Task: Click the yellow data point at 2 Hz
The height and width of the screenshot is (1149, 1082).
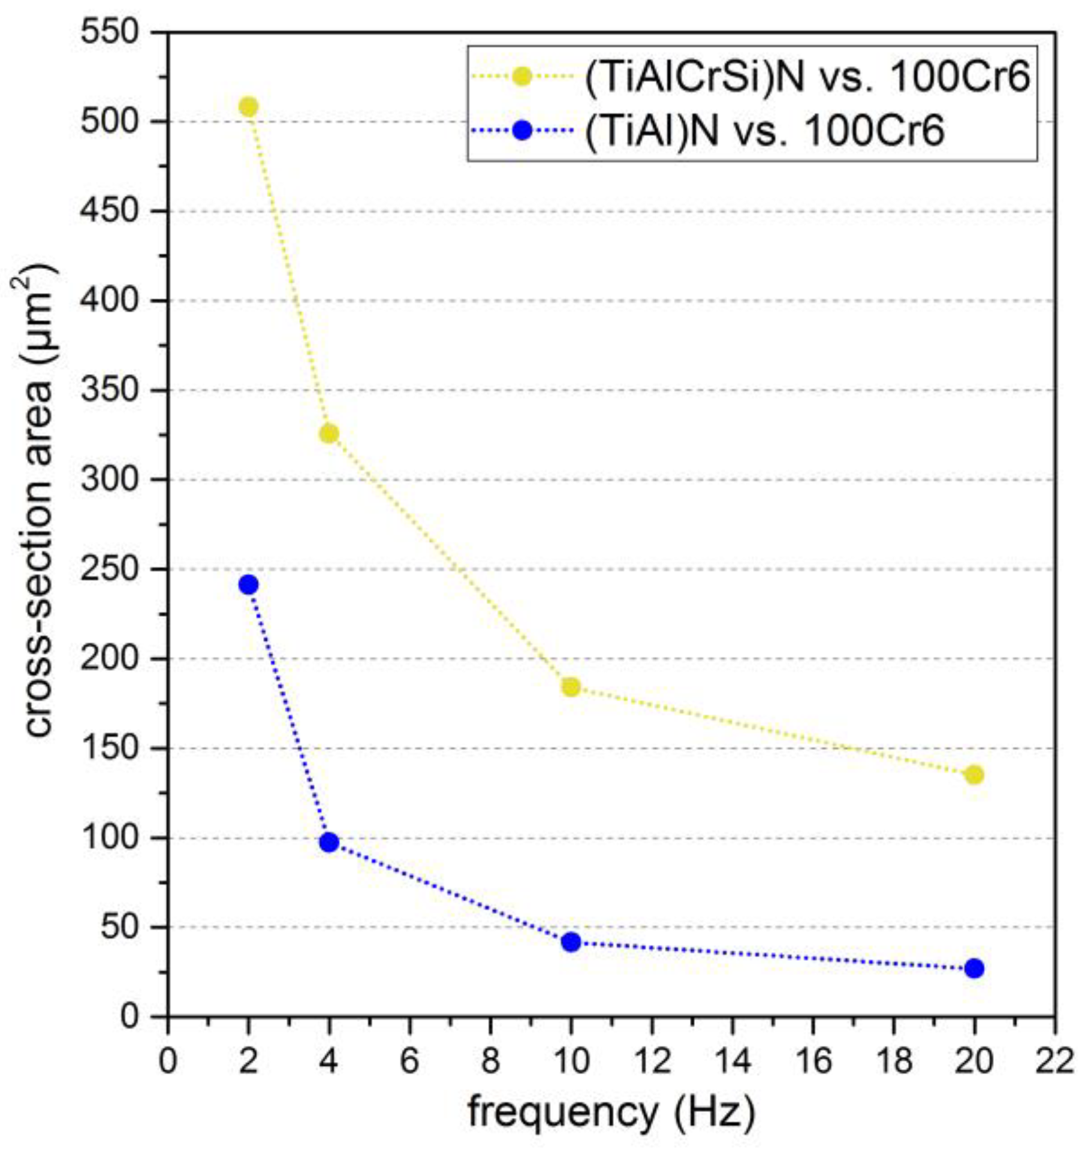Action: [248, 107]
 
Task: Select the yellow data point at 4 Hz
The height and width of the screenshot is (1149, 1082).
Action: [328, 433]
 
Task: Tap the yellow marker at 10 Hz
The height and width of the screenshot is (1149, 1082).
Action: [571, 687]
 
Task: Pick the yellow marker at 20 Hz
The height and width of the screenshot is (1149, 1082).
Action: [974, 775]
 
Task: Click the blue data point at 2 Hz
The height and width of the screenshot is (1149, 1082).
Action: [248, 584]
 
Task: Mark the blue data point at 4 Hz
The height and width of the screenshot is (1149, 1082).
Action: [328, 843]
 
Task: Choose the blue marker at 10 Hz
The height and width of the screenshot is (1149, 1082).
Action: [571, 942]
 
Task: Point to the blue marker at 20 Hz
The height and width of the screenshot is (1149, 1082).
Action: [974, 968]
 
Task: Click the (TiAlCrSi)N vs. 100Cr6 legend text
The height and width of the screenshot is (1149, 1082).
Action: [807, 77]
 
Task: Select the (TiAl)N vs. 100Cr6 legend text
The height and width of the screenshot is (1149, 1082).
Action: [764, 131]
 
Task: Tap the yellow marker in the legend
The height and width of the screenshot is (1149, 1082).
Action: [523, 77]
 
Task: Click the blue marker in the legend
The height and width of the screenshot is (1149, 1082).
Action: [523, 130]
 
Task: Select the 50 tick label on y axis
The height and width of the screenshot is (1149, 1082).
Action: [120, 927]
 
